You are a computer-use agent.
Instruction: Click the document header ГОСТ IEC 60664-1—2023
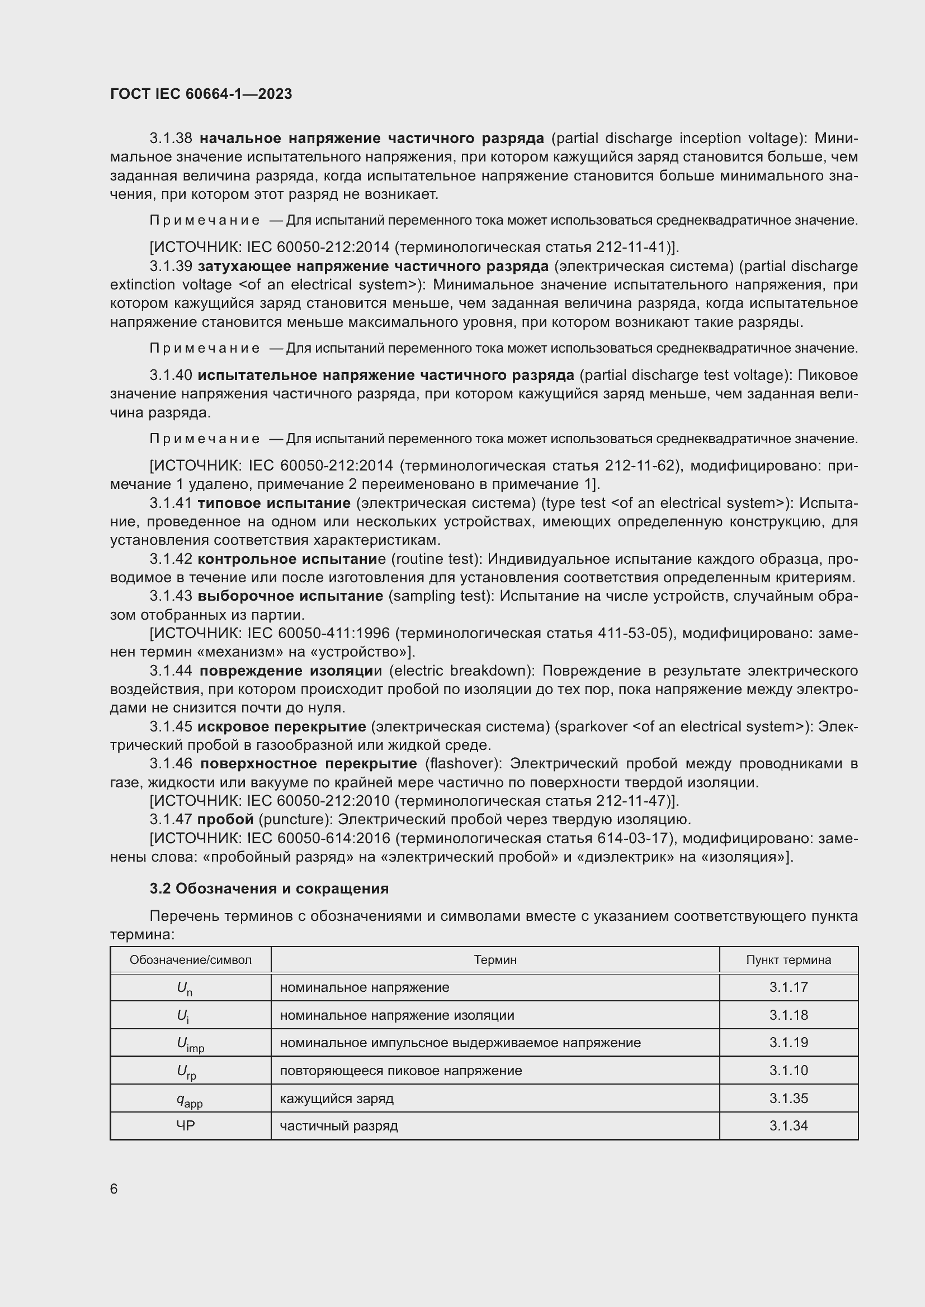(201, 94)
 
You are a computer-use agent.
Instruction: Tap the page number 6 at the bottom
(114, 1189)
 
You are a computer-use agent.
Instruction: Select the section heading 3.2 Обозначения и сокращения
(269, 888)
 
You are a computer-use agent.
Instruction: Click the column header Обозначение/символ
(190, 960)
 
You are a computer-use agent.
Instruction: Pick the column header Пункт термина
(789, 960)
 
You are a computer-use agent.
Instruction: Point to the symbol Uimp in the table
(190, 1043)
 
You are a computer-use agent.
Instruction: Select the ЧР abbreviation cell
(186, 1125)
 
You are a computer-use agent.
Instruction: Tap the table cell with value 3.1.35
(789, 1098)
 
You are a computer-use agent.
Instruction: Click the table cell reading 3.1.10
(789, 1070)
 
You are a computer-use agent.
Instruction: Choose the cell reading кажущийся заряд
(336, 1098)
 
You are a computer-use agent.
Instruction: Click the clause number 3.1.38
(171, 139)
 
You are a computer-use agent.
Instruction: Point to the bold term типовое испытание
(274, 503)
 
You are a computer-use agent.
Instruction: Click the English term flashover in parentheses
(463, 763)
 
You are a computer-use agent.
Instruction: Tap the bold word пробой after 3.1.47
(225, 819)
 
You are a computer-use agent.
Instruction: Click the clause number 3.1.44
(171, 671)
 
